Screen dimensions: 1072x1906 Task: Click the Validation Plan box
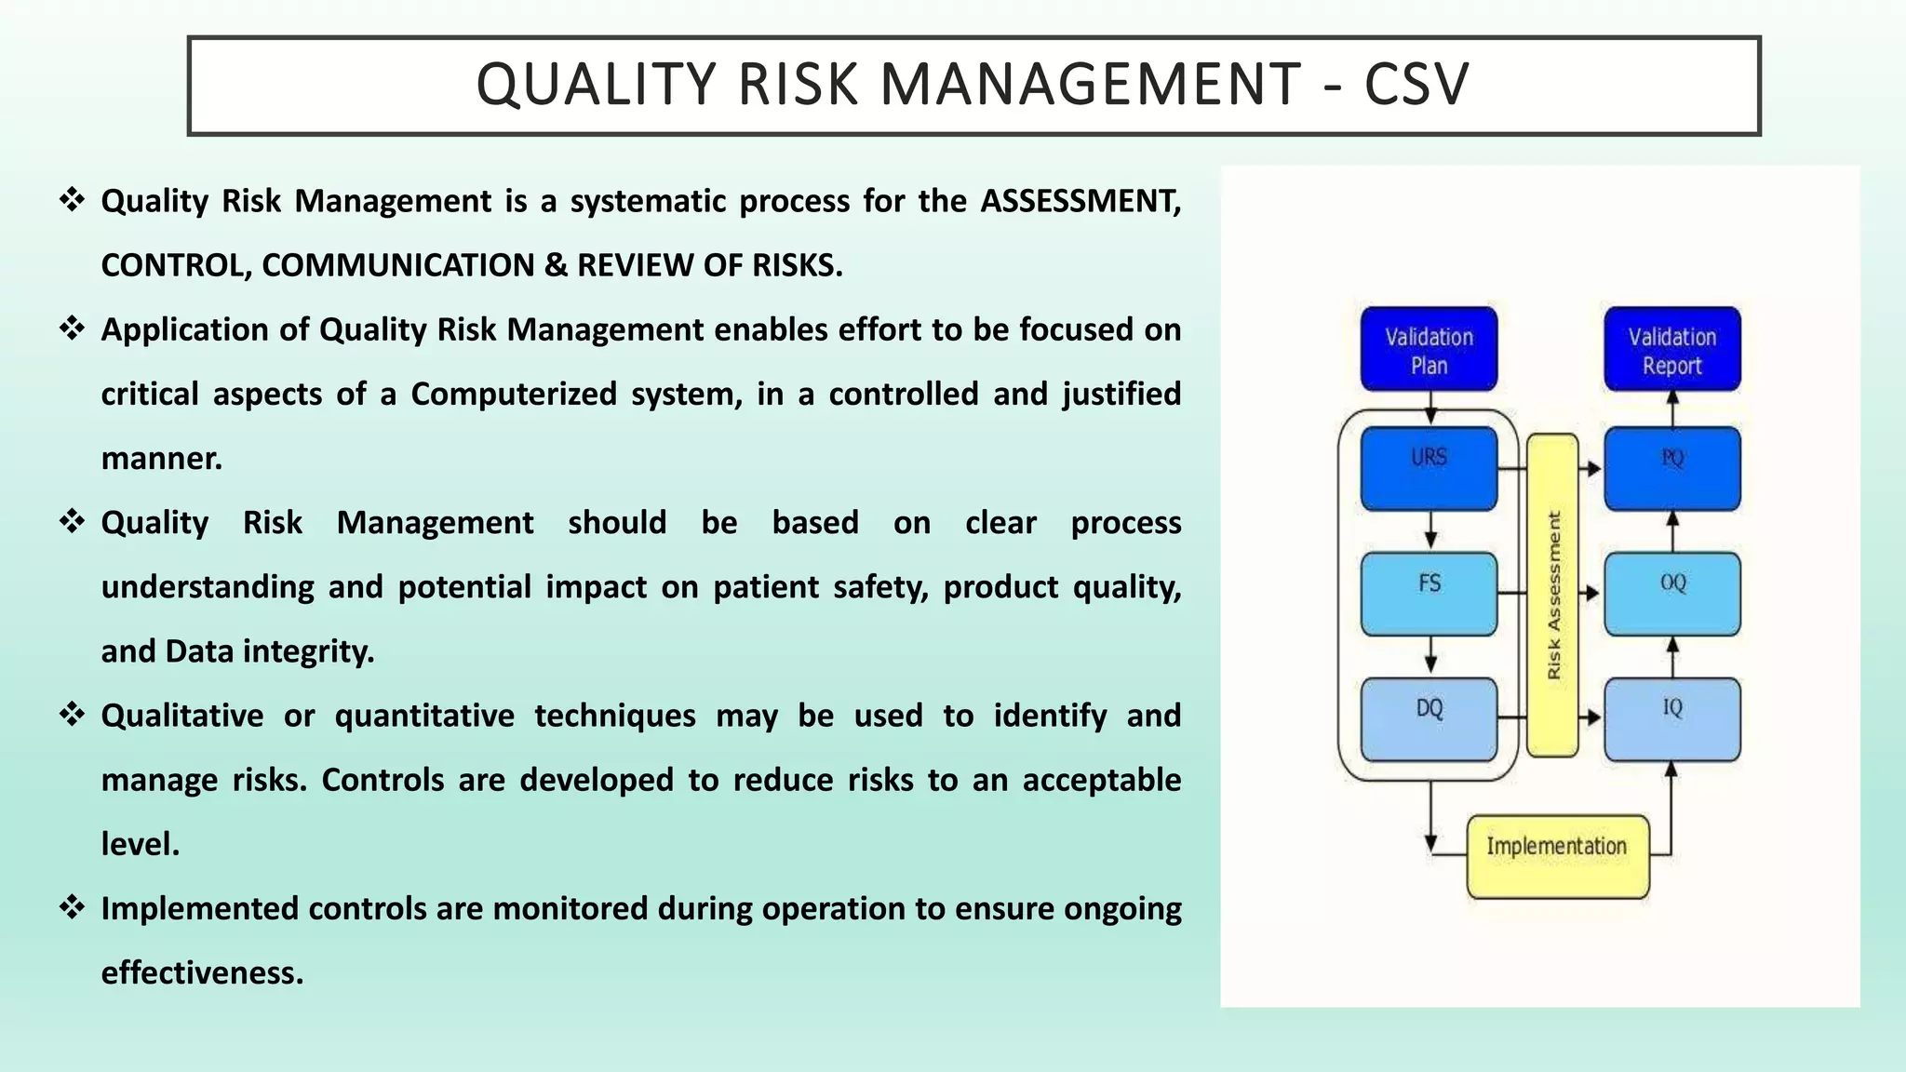(x=1429, y=349)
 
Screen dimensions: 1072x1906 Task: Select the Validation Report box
(x=1671, y=349)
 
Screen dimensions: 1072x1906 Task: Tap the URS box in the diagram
(x=1429, y=468)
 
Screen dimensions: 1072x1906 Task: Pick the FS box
(x=1429, y=594)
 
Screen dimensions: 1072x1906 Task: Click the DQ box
(x=1429, y=719)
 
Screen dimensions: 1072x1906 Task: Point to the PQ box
(x=1671, y=468)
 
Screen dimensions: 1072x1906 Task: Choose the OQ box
(x=1671, y=594)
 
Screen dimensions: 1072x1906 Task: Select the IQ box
(x=1671, y=719)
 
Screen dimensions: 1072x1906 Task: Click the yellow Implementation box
(x=1557, y=856)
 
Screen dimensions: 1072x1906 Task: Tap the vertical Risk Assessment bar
(x=1552, y=596)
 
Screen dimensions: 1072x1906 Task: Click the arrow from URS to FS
(x=1430, y=531)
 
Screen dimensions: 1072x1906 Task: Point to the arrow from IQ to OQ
(x=1671, y=657)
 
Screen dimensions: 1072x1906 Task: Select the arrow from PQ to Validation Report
(x=1671, y=409)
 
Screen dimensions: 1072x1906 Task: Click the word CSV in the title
(x=1416, y=85)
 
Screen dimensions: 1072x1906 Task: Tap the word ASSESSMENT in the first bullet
(x=1080, y=201)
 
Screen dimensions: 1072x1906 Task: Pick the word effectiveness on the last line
(x=202, y=973)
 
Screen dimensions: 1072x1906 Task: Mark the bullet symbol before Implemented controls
(x=72, y=906)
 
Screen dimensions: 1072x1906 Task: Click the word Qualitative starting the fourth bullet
(x=182, y=716)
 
